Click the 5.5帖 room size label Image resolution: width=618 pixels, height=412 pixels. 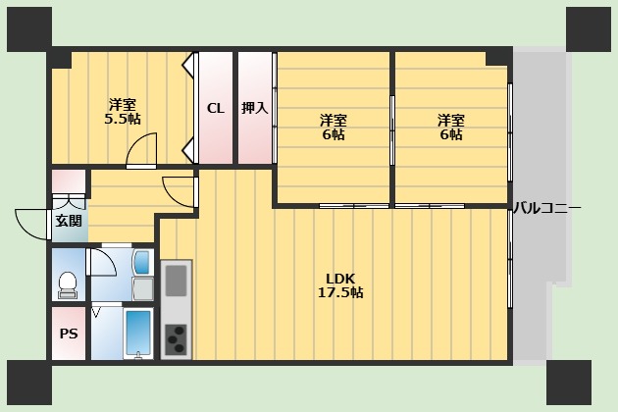click(x=123, y=119)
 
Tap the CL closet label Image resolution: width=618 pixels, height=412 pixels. click(x=215, y=108)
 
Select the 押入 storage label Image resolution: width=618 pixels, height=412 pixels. click(x=255, y=108)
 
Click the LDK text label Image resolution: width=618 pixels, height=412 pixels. click(x=340, y=277)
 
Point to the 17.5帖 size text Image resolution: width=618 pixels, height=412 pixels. click(x=340, y=292)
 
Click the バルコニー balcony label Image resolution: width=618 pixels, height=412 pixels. click(x=547, y=208)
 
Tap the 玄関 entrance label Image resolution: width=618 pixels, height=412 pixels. click(x=69, y=221)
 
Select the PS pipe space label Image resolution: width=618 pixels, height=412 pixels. click(x=69, y=334)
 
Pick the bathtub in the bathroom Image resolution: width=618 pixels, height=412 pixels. click(x=138, y=333)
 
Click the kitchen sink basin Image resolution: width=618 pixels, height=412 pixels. click(x=176, y=281)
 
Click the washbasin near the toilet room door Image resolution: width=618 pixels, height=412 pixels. click(x=141, y=263)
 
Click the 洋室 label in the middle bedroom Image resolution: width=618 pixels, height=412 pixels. click(x=334, y=120)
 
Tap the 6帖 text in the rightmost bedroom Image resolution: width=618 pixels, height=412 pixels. click(x=451, y=135)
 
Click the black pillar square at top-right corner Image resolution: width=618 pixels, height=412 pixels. click(x=588, y=28)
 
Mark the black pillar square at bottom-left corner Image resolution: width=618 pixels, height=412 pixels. click(x=28, y=383)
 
